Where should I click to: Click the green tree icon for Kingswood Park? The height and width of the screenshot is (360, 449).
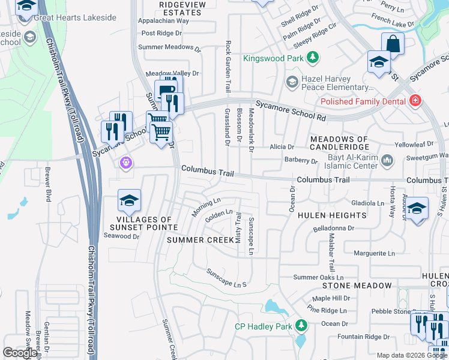(312, 58)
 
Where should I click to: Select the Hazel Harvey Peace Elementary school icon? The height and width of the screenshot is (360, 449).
(292, 81)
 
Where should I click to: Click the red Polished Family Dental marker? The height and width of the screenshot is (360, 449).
(414, 101)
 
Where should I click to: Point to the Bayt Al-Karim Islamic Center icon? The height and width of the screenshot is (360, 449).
(387, 160)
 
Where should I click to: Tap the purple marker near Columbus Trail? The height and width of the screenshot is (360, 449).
(125, 163)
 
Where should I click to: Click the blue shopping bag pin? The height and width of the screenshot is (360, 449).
(393, 44)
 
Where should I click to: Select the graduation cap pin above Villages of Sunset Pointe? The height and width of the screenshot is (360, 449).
(129, 202)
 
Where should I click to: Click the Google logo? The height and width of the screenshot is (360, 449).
(20, 353)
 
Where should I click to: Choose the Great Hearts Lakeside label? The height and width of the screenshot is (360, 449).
(75, 18)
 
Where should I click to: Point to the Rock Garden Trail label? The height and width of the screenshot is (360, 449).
(228, 67)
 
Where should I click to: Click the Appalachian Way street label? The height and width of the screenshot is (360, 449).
(164, 20)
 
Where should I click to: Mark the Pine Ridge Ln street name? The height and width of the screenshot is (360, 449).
(327, 310)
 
